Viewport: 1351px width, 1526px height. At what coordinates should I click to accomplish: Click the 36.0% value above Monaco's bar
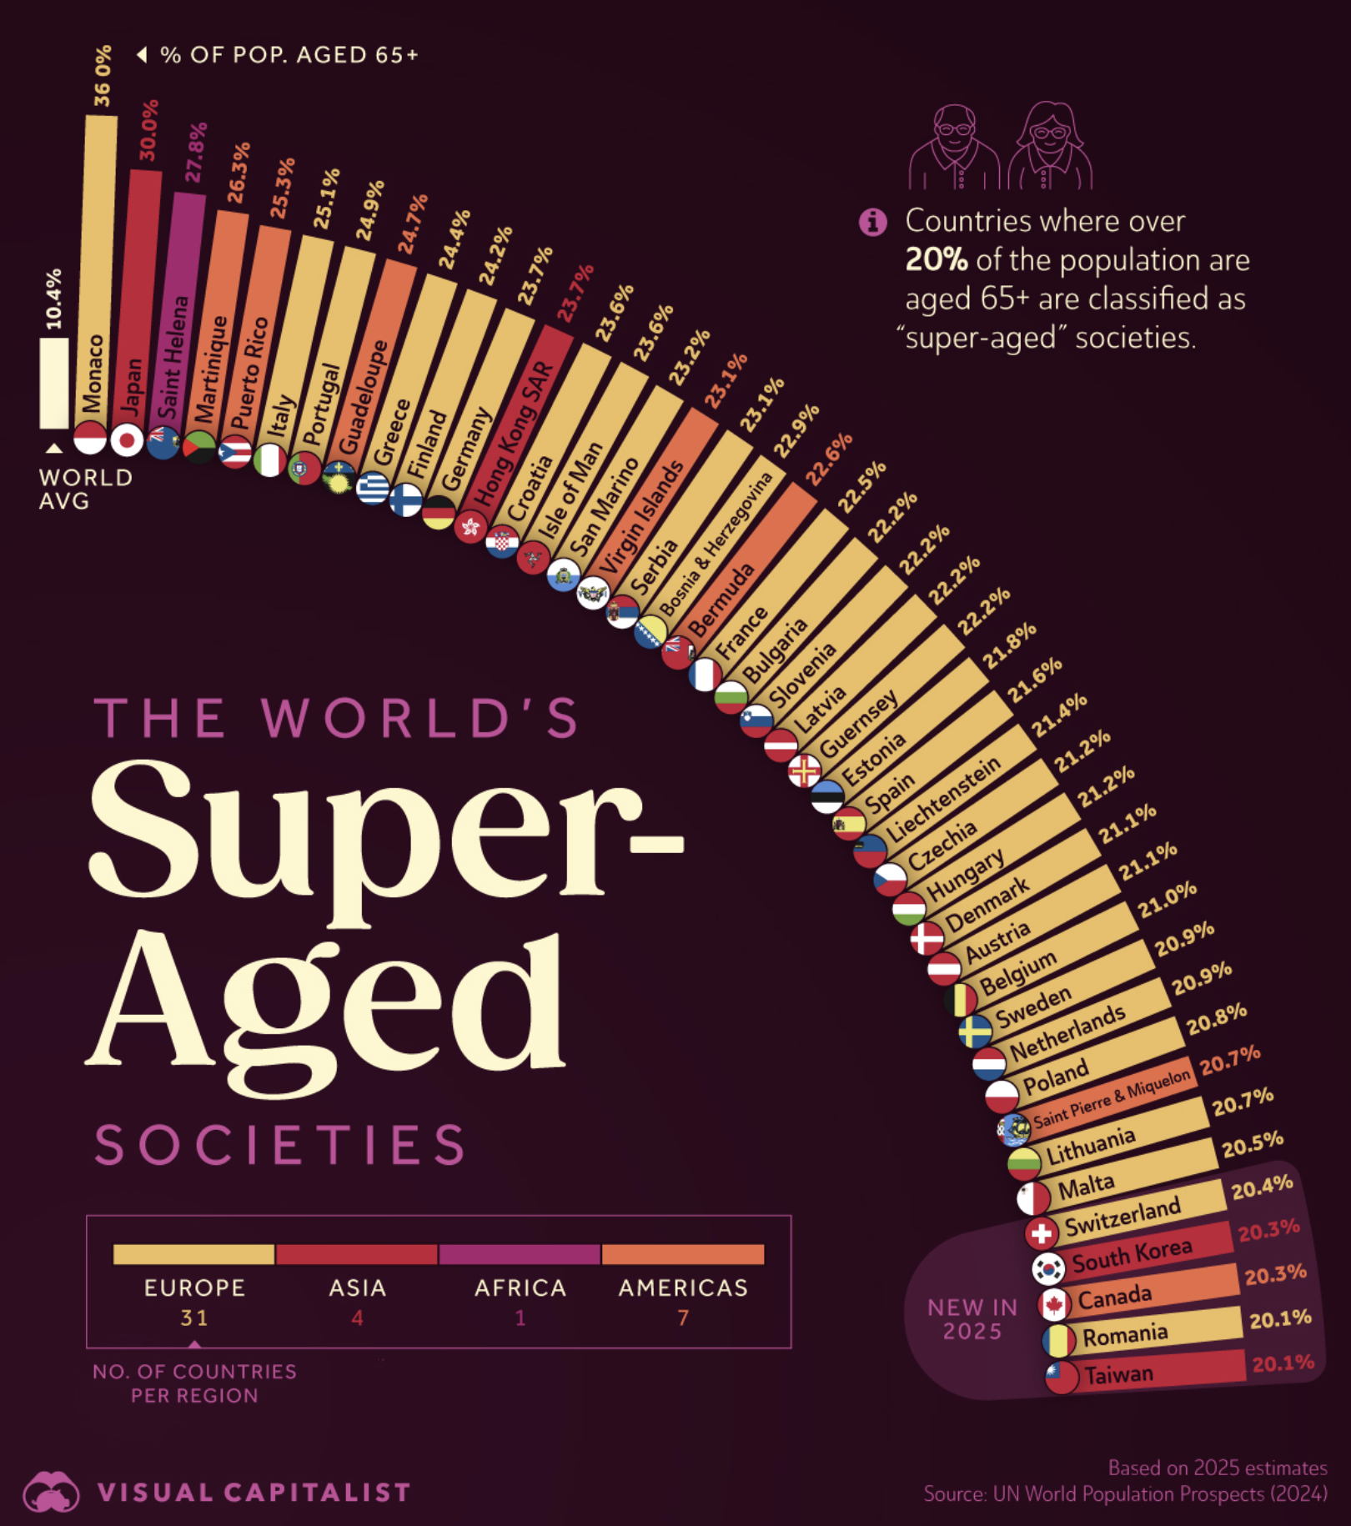[102, 77]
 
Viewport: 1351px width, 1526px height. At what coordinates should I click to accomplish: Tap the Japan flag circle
[128, 439]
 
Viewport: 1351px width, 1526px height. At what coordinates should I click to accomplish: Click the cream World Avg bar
[54, 383]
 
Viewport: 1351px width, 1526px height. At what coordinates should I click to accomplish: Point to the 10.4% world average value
[53, 299]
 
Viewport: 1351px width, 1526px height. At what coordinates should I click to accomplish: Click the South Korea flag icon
[1048, 1268]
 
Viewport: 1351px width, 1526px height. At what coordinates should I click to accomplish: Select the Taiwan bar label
[1118, 1373]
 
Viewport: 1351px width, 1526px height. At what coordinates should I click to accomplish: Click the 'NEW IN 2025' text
[972, 1319]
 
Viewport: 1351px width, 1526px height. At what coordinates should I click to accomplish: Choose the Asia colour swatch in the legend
[357, 1254]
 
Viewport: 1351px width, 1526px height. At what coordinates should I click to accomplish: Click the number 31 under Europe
[194, 1318]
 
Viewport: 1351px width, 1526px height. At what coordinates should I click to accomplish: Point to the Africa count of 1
[520, 1318]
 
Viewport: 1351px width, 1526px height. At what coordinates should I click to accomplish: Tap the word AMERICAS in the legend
[683, 1288]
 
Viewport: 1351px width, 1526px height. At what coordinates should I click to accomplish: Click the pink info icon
[872, 222]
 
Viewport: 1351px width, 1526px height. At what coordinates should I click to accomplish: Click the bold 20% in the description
[937, 260]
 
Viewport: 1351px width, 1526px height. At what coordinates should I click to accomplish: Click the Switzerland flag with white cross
[1041, 1232]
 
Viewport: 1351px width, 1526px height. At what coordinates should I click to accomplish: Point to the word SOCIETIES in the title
[280, 1145]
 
